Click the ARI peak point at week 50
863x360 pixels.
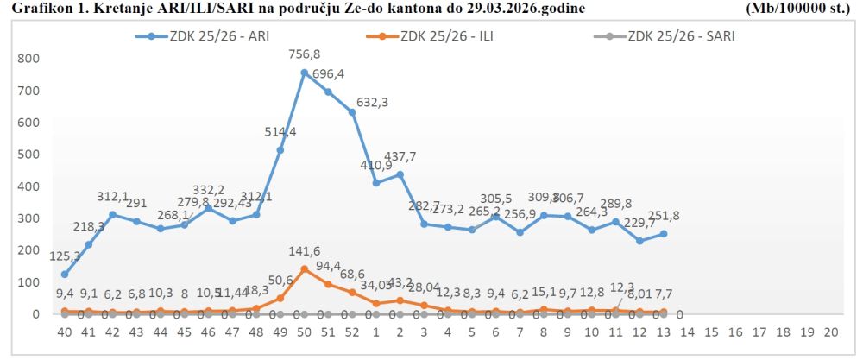[304, 73]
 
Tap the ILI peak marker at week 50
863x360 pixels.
[304, 269]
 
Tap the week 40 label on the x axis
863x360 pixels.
[64, 332]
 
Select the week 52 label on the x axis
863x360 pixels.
[352, 332]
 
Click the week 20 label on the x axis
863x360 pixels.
[831, 332]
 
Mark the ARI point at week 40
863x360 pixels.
[65, 275]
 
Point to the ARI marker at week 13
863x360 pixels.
[664, 234]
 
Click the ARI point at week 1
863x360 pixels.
[376, 183]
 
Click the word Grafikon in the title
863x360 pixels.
[32, 8]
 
